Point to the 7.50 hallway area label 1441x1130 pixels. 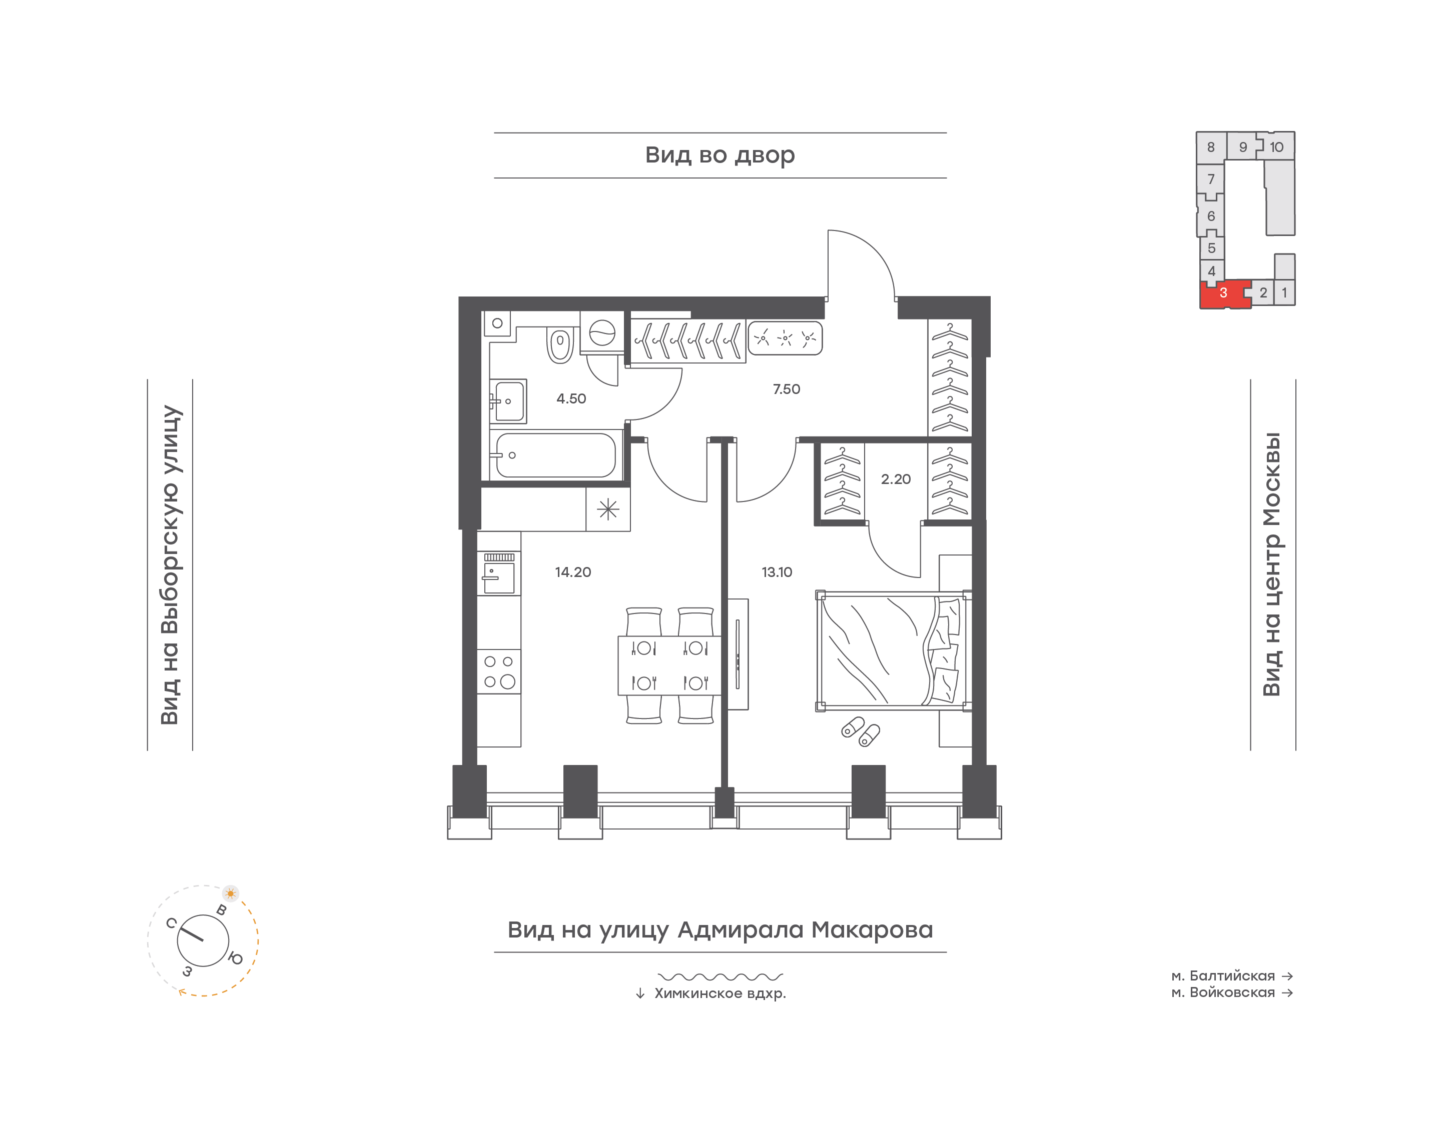click(787, 389)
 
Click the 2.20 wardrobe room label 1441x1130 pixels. click(896, 479)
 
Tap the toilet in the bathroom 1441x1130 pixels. click(560, 344)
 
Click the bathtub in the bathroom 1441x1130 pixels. click(556, 454)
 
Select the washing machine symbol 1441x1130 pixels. click(602, 333)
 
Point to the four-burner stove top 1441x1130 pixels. click(499, 671)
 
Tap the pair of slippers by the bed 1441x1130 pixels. click(861, 731)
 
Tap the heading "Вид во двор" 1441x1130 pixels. click(720, 155)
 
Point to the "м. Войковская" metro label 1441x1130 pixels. click(1223, 992)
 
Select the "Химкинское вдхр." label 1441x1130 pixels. click(720, 993)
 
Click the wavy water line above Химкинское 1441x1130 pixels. click(720, 976)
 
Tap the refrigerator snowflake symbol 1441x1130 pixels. click(607, 509)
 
